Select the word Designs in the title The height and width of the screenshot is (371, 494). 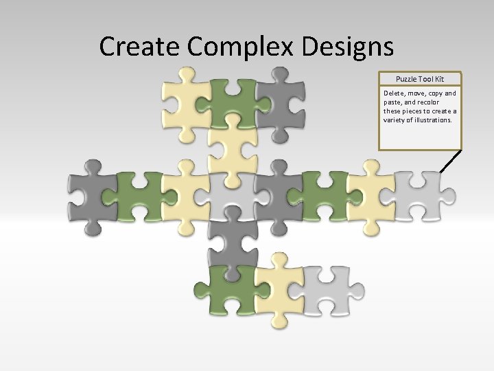345,46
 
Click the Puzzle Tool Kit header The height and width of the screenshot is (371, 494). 420,80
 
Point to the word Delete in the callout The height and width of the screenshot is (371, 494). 395,93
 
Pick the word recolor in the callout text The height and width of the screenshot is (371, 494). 443,102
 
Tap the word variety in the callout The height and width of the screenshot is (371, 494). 395,120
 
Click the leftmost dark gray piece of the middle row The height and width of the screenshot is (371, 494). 91,192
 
